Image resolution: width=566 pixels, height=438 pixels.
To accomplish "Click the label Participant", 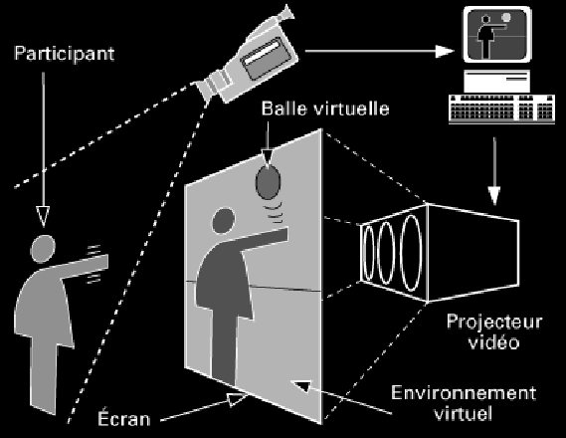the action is [65, 54].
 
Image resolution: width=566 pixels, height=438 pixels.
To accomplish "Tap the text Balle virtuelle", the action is [325, 109].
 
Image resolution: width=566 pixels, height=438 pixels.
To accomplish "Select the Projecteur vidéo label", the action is [494, 331].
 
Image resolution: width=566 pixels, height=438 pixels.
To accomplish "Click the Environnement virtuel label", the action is [464, 403].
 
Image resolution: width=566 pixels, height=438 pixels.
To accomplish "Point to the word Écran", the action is [123, 417].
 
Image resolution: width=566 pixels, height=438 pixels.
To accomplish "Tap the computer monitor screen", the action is [497, 34].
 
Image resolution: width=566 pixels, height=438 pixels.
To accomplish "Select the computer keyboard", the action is [501, 109].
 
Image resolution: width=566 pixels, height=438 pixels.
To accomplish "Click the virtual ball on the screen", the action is [269, 182].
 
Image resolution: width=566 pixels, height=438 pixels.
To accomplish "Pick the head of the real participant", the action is [43, 249].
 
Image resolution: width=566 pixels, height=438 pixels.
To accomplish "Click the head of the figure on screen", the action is [224, 221].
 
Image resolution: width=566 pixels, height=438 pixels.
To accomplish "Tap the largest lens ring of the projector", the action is [412, 253].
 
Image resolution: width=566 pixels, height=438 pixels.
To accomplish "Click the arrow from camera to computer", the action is [379, 52].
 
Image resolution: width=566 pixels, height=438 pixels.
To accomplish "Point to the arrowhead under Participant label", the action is [43, 216].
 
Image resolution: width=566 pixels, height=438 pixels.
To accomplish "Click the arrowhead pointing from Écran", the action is [238, 400].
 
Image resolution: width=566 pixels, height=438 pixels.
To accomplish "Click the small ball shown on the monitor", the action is [506, 17].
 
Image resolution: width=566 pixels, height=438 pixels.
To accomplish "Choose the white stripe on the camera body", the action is [263, 53].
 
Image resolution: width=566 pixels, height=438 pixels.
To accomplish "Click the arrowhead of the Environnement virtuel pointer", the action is [301, 385].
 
